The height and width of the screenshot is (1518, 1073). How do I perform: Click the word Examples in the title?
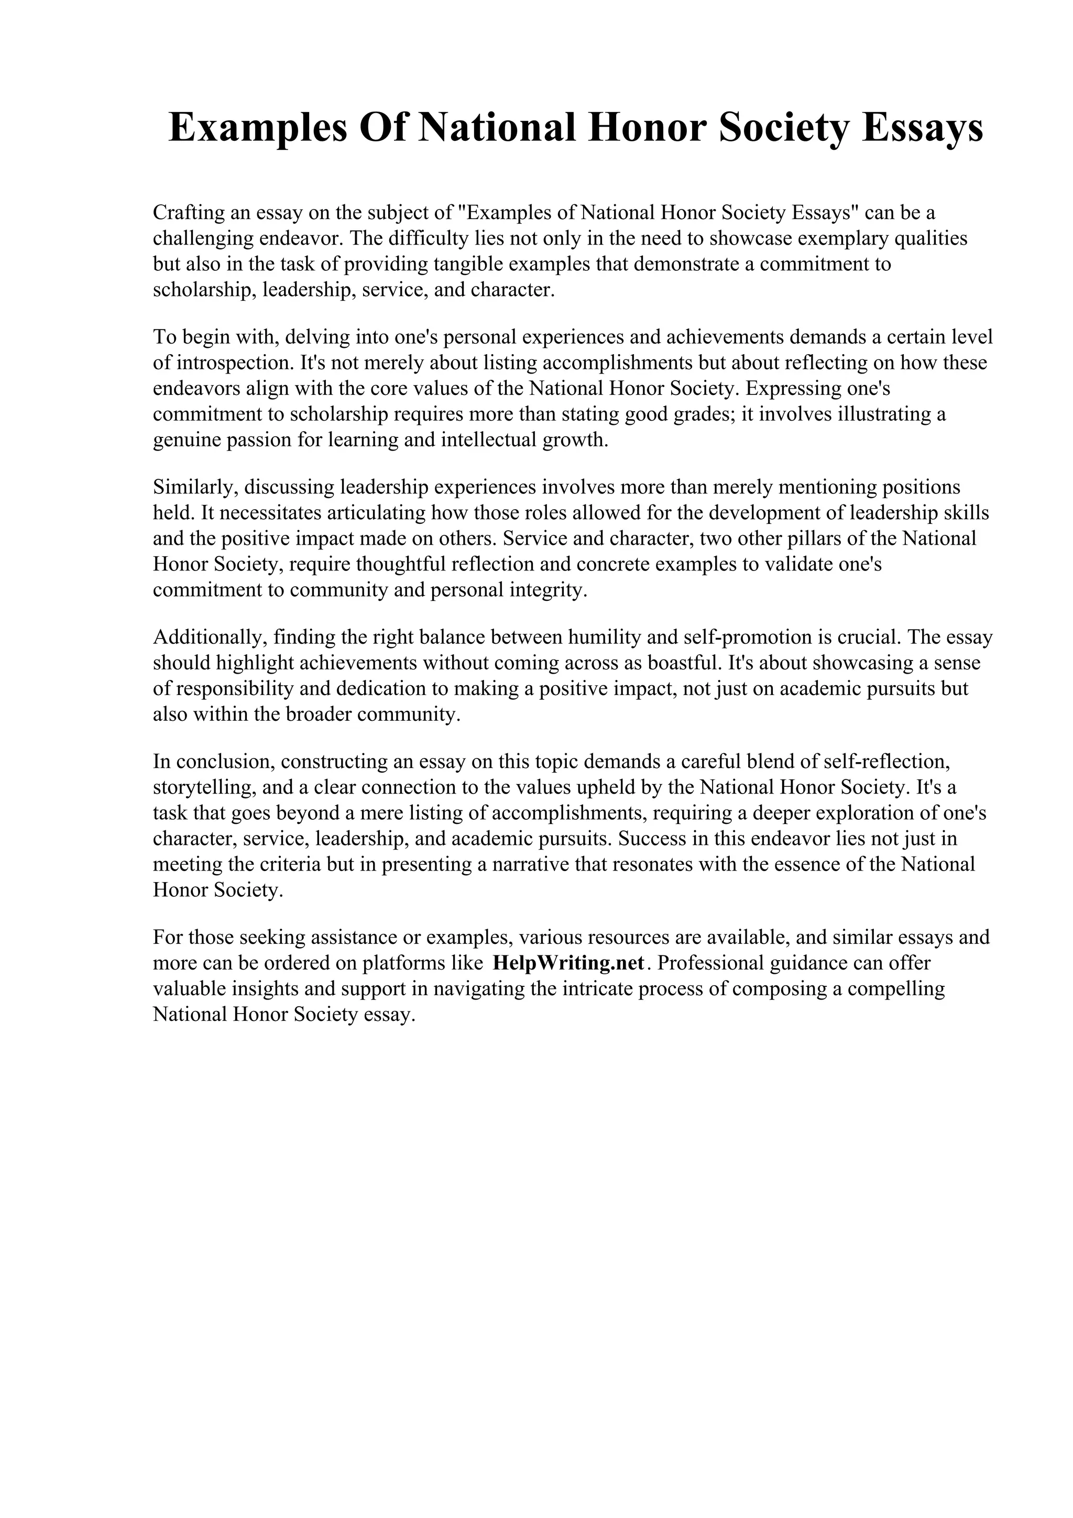(258, 129)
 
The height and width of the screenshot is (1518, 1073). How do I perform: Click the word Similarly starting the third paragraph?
(195, 487)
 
